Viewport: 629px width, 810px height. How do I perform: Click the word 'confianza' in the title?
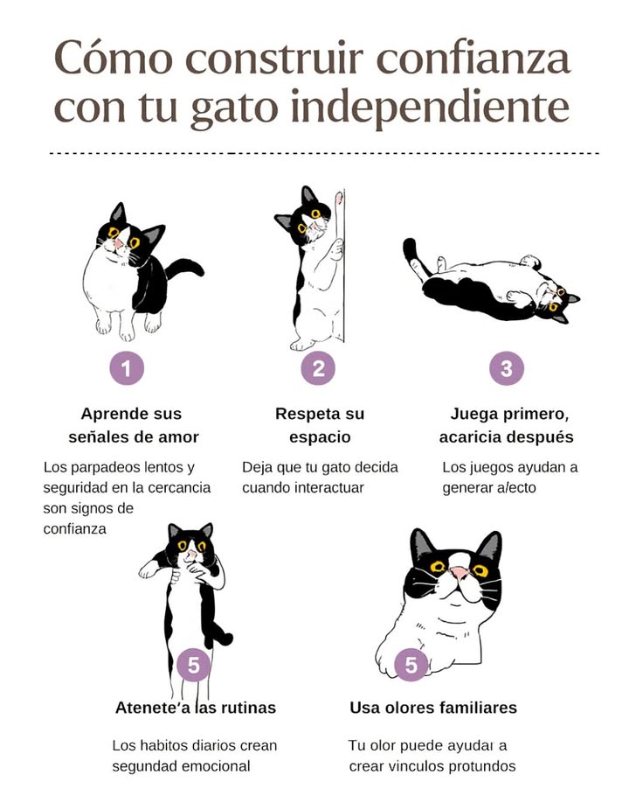click(x=473, y=59)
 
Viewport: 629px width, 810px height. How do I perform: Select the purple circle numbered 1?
click(x=127, y=369)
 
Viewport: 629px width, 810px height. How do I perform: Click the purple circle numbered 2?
click(x=318, y=369)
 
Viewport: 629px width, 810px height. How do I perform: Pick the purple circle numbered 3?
click(x=507, y=369)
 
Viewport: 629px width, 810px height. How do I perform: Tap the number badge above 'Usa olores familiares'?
click(x=411, y=666)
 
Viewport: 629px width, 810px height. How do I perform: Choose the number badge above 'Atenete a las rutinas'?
click(x=193, y=666)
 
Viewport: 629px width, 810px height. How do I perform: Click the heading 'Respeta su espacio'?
click(x=320, y=425)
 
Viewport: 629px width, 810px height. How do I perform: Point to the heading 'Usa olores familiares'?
click(x=433, y=708)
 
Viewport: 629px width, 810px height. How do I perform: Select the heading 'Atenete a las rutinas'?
click(x=196, y=708)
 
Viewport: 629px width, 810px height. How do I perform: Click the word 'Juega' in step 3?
click(x=472, y=414)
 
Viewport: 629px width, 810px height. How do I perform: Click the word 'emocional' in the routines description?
click(x=219, y=766)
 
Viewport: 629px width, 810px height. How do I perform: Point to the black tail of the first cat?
click(x=186, y=266)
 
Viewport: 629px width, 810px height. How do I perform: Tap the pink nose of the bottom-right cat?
click(x=459, y=574)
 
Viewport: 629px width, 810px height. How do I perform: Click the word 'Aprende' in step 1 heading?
click(x=113, y=414)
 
